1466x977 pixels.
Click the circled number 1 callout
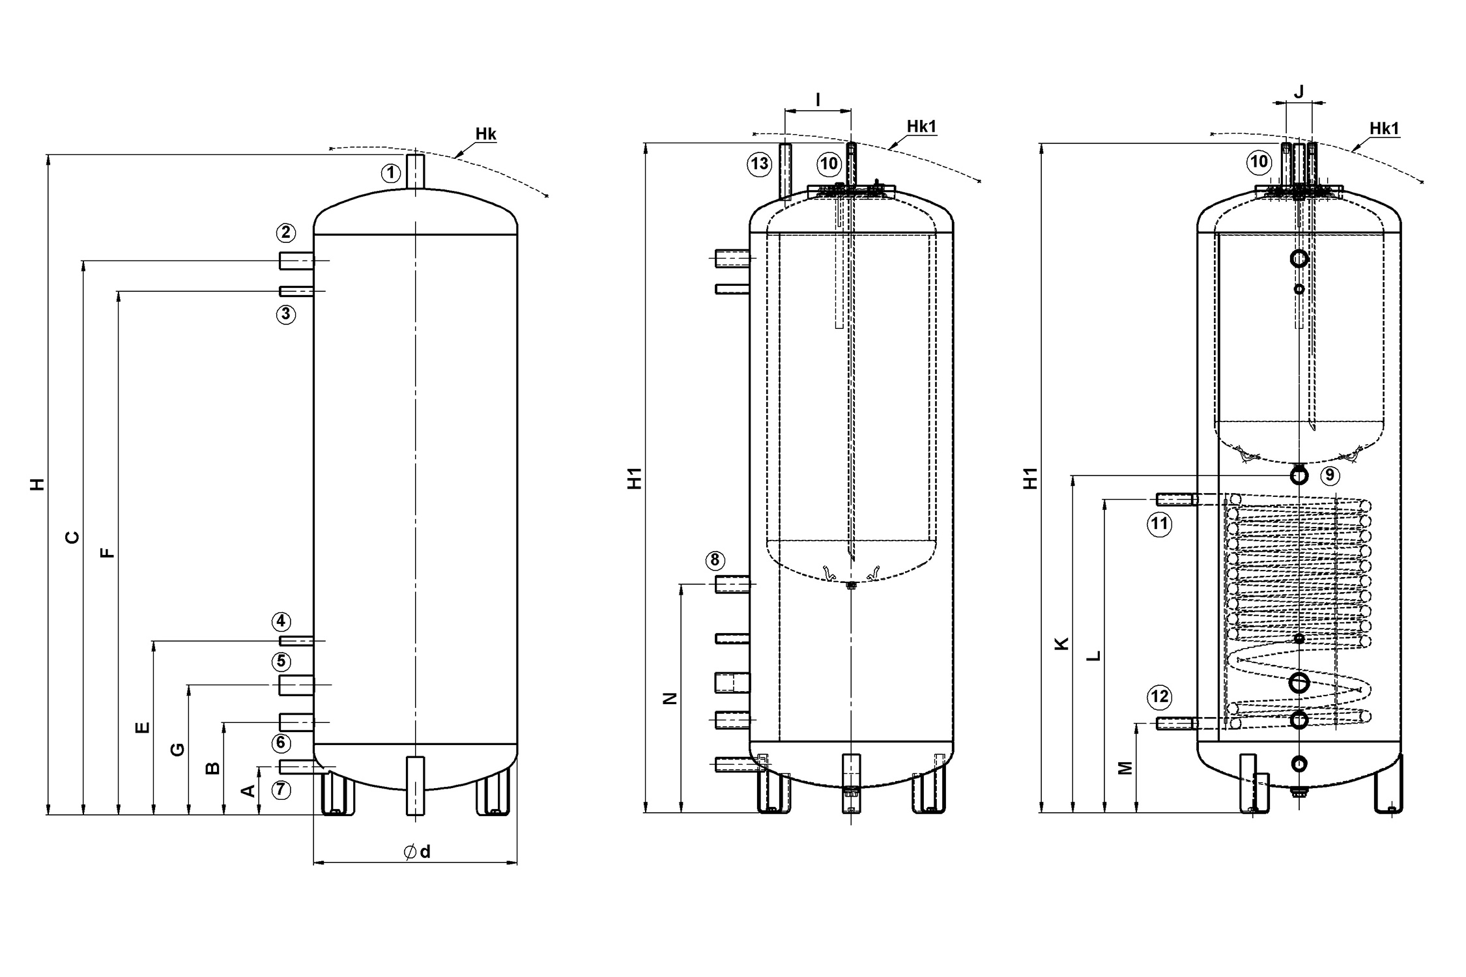[x=391, y=173]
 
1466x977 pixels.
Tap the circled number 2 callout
[x=285, y=233]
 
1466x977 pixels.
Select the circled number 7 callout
[x=280, y=790]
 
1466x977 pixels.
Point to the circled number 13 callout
[x=760, y=163]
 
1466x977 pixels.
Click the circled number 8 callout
[x=715, y=560]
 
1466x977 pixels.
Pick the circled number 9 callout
[x=1330, y=475]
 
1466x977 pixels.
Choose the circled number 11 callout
[x=1160, y=524]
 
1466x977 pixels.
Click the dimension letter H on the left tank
[x=38, y=484]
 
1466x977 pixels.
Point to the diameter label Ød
[x=417, y=852]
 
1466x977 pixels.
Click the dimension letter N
[x=670, y=698]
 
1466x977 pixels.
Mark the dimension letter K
[x=1061, y=644]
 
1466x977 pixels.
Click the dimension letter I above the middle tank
[x=818, y=100]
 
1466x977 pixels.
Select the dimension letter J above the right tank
[x=1299, y=92]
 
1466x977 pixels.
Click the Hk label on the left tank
[x=485, y=134]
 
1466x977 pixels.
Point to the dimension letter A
[x=248, y=791]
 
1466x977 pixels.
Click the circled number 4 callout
[x=281, y=621]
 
